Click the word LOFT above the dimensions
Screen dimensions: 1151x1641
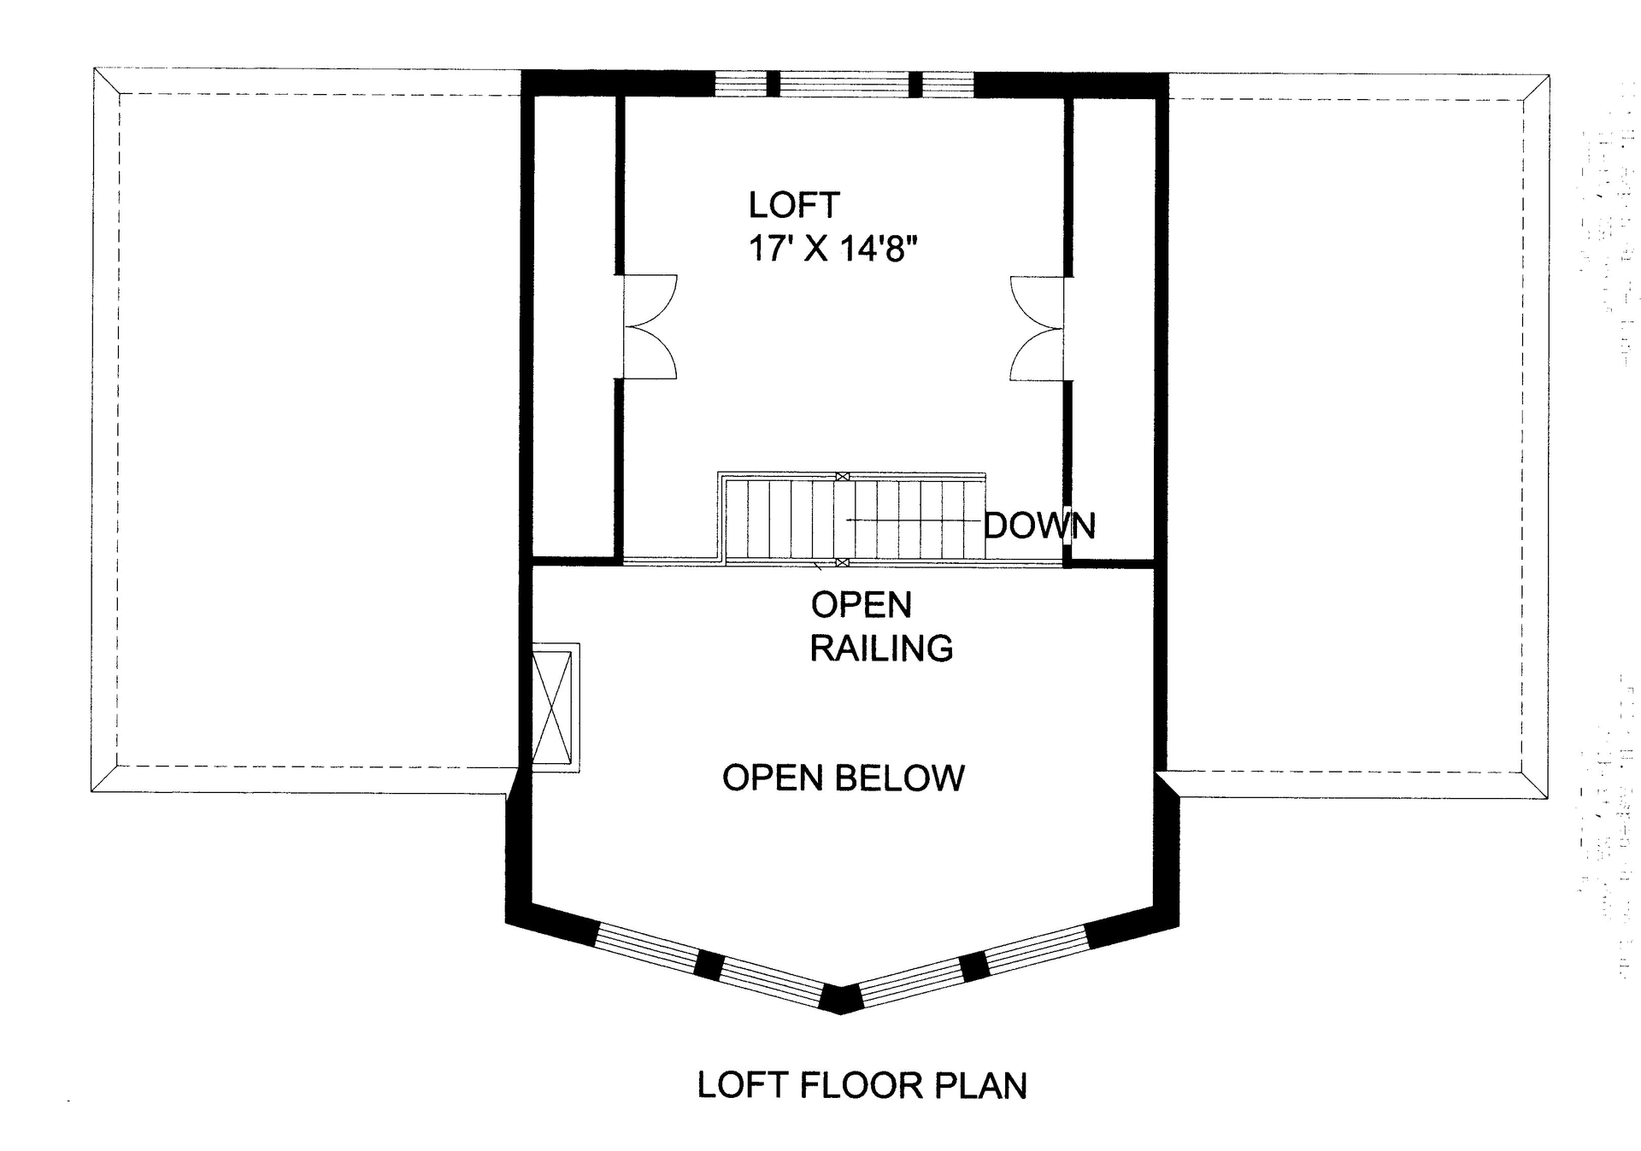tap(793, 205)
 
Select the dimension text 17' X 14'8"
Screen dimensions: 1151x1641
tap(832, 249)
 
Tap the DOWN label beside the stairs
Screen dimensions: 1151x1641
tap(1039, 526)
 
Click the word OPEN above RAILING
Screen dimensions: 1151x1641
tap(861, 605)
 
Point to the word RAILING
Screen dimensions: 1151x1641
tap(881, 649)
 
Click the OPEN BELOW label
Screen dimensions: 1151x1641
tap(844, 778)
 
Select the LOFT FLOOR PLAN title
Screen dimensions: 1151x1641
tap(862, 1085)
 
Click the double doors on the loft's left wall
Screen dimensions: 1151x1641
tap(650, 326)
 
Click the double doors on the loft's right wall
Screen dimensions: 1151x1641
tap(1038, 328)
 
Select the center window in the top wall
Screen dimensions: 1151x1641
tap(844, 84)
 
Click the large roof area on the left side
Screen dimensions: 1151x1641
tap(316, 427)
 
